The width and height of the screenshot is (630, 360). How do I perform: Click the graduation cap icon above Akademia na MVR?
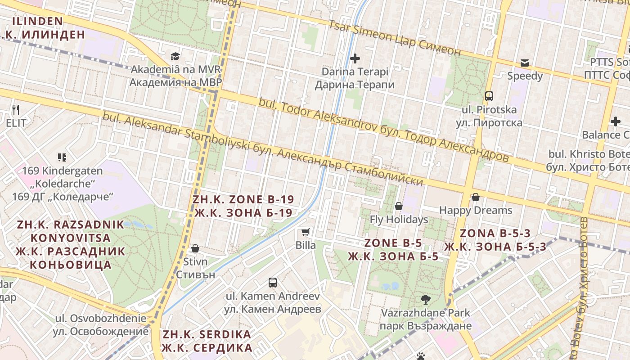point(175,56)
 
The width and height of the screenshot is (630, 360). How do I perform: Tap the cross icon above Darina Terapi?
point(355,58)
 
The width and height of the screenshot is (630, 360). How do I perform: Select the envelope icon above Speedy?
point(525,63)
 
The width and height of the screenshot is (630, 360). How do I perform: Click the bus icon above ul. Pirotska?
point(489,96)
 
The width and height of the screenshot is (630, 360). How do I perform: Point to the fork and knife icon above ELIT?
point(16,109)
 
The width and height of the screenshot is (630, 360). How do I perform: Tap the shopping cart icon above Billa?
point(306,232)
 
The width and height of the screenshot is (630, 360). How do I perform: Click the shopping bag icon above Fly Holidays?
point(398,206)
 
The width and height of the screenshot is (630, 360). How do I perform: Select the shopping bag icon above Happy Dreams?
point(475,197)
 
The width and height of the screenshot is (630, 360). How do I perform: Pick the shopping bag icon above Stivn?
point(195,248)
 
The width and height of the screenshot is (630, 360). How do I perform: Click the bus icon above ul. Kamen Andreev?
point(273,283)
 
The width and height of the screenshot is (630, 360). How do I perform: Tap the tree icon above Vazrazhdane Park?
point(425,299)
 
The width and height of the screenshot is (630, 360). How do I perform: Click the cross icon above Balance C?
point(615,121)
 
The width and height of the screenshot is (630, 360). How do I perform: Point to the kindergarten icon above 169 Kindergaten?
point(62,157)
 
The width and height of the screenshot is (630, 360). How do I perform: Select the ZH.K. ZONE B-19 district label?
point(243,206)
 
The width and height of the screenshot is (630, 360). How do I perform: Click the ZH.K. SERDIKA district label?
point(207,341)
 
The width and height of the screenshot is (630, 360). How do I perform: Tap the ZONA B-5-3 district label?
point(495,240)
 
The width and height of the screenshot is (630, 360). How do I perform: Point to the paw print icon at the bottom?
point(421,356)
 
